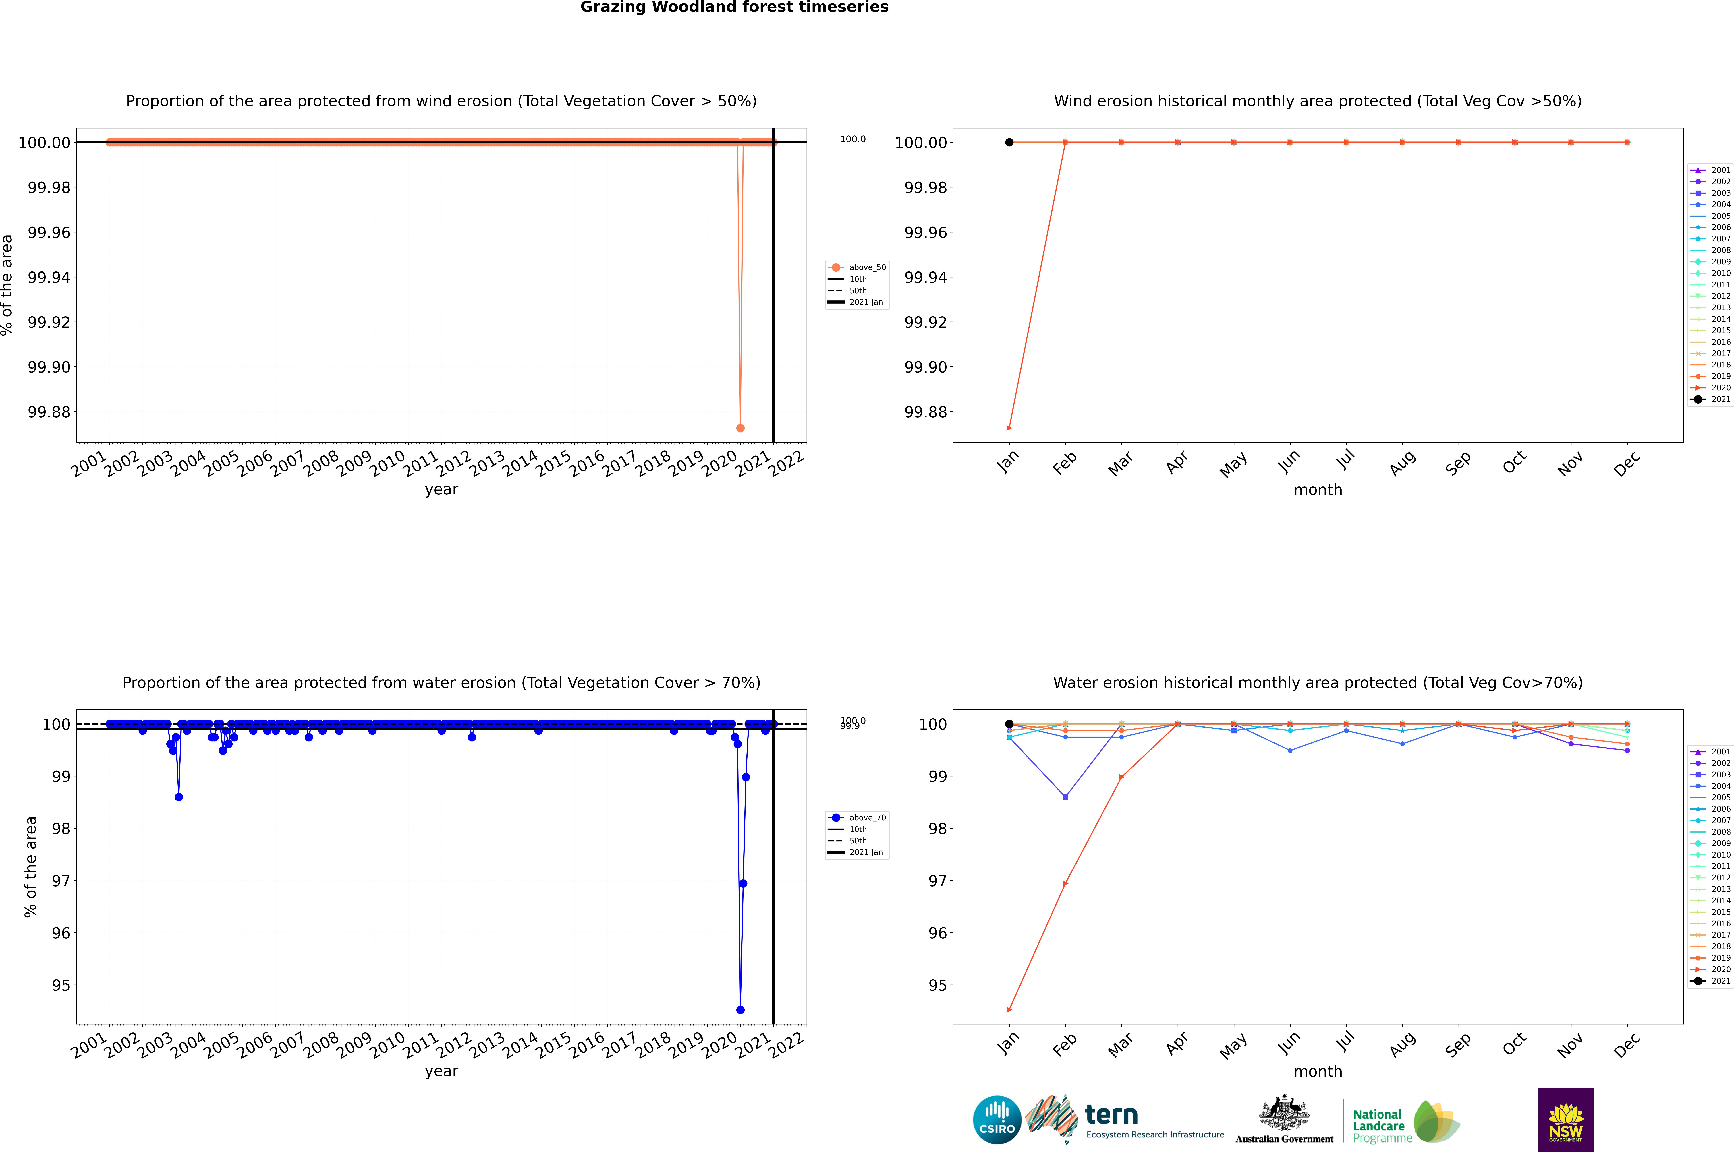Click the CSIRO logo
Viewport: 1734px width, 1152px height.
click(x=997, y=1120)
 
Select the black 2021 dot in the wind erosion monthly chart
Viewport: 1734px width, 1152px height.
click(x=1009, y=143)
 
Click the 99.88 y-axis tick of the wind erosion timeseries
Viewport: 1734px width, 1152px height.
click(x=49, y=412)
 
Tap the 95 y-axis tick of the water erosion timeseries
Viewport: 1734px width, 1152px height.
click(x=61, y=985)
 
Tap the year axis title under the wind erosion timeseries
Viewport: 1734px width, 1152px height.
click(x=441, y=489)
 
